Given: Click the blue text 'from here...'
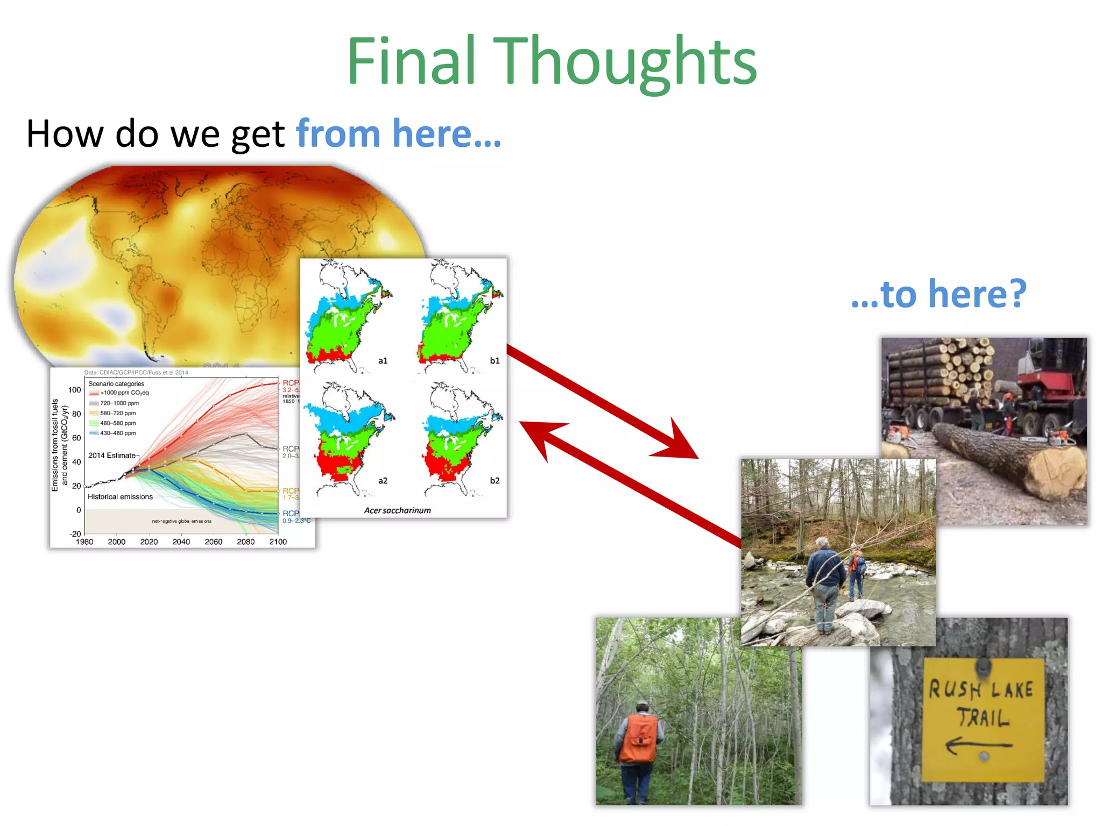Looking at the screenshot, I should coord(398,133).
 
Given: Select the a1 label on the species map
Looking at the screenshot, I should coord(383,361).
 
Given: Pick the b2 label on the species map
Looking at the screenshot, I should coord(494,480).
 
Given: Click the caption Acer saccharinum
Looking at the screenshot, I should coord(397,510).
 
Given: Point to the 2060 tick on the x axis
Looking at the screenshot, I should coord(213,542).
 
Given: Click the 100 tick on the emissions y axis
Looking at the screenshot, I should coord(74,390).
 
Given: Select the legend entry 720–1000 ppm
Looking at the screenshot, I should coord(119,403).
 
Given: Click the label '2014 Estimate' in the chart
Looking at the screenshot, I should coord(112,455).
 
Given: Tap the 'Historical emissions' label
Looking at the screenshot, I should coord(120,497).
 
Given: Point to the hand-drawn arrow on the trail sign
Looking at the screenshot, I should coord(977,746).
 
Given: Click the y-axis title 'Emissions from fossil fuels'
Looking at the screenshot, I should coord(55,445).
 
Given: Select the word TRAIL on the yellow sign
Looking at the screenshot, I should coord(983,718).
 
